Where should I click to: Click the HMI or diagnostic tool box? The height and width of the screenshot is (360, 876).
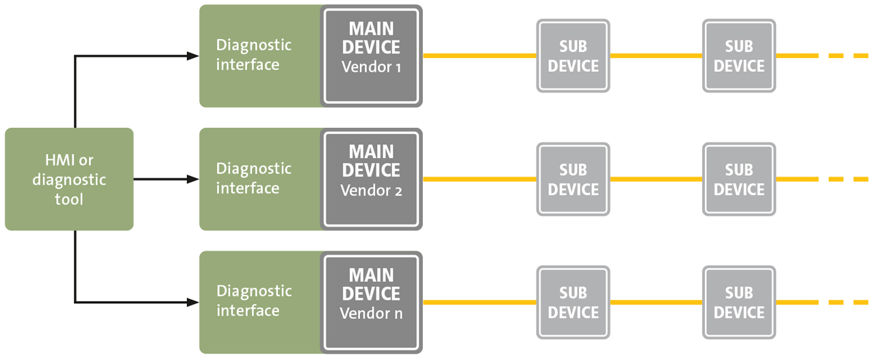point(68,179)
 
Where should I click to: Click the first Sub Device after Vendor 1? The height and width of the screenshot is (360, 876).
point(573,56)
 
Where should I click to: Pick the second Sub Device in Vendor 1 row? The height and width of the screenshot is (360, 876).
point(738,56)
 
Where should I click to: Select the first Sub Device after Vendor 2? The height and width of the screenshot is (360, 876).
point(573,179)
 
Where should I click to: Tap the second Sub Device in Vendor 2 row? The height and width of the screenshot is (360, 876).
point(738,179)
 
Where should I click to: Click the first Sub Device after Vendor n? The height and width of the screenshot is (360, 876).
point(573,303)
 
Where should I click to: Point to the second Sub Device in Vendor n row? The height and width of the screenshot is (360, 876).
point(738,303)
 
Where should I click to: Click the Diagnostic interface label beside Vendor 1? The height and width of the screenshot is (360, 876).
point(253,55)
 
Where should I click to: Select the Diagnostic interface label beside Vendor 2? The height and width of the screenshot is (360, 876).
point(253,178)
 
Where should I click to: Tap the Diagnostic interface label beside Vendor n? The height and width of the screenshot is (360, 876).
point(253,301)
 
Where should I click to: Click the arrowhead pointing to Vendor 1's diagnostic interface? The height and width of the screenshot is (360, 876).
point(193,56)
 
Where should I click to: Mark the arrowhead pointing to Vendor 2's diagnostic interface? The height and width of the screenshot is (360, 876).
point(193,179)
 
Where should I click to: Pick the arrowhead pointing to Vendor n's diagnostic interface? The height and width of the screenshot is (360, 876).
point(193,302)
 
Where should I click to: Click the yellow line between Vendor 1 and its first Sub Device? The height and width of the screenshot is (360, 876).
point(479,55)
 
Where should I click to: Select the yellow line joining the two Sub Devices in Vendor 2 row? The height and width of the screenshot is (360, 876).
point(656,179)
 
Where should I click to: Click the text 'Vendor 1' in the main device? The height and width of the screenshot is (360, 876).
point(370,68)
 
